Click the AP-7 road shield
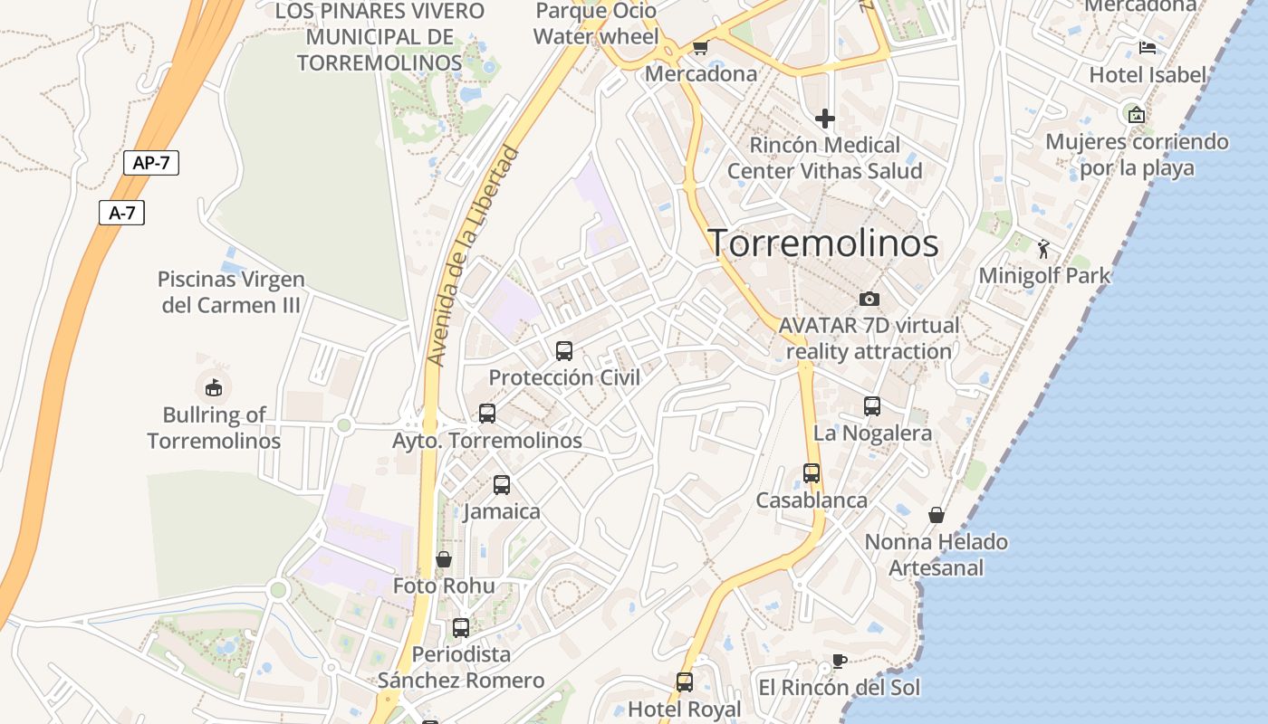pos(151,163)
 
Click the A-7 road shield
pos(121,213)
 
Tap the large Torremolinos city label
pos(822,243)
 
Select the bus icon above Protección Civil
pos(564,351)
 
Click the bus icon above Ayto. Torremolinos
pos(487,414)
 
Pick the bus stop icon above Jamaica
pos(502,485)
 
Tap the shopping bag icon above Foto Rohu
pos(444,559)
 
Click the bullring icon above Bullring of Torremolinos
pos(213,387)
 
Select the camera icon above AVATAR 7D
pos(869,299)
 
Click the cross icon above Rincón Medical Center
pos(824,119)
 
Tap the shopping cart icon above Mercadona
pos(700,47)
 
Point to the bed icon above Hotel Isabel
pos(1148,48)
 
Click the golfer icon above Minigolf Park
pos(1043,248)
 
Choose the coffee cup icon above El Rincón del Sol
pos(840,661)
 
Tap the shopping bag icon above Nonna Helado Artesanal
pos(937,515)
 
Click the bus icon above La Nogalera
pos(872,406)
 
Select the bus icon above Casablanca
pos(812,473)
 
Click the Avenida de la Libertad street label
pos(475,256)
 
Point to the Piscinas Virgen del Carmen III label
pos(231,292)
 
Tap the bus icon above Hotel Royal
pos(685,682)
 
